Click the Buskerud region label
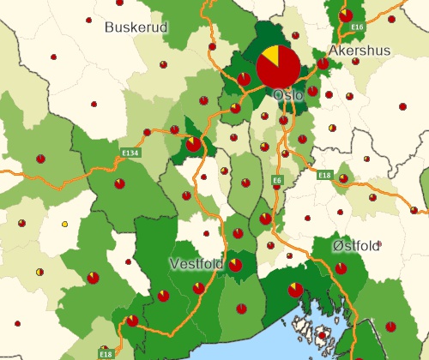click(x=136, y=27)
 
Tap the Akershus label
click(x=360, y=51)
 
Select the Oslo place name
click(x=288, y=96)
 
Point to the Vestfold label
click(x=197, y=263)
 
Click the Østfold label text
click(x=356, y=246)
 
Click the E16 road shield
click(x=358, y=27)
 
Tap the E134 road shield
click(x=130, y=153)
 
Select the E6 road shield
click(x=277, y=180)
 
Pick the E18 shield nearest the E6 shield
click(x=324, y=175)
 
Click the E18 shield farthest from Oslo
click(x=106, y=353)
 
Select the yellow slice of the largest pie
click(x=270, y=57)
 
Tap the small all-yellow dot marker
click(x=64, y=225)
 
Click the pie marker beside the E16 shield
click(x=346, y=15)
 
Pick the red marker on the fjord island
click(x=322, y=337)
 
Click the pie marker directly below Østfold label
click(x=341, y=268)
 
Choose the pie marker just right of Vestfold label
click(x=234, y=265)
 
